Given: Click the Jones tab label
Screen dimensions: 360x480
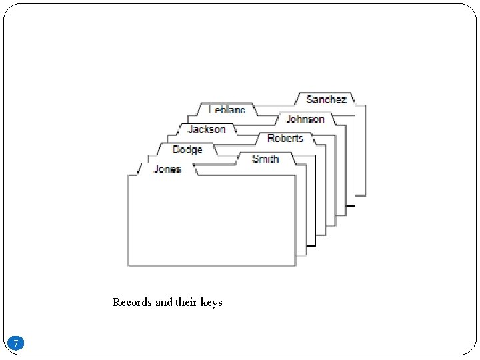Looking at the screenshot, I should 167,169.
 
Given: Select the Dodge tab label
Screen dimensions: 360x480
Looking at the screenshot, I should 187,149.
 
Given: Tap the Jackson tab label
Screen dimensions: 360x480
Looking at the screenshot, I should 207,129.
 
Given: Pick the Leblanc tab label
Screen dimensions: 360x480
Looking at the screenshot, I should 227,109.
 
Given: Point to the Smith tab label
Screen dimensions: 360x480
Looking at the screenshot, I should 265,158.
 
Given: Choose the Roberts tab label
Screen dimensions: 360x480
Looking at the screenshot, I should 285,138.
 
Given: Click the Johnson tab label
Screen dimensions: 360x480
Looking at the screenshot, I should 305,119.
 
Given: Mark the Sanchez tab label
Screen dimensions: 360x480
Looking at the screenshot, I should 326,99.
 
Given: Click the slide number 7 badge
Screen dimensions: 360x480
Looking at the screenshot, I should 17,343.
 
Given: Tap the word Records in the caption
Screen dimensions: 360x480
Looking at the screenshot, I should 132,302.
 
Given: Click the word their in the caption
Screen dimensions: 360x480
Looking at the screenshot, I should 185,302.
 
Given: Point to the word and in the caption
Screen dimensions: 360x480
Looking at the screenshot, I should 163,302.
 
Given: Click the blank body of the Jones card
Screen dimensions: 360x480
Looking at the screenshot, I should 211,220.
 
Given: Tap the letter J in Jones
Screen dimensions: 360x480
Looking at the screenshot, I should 157,169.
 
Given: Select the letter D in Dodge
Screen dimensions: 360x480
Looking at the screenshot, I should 176,149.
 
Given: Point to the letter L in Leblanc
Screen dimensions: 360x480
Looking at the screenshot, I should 212,109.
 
